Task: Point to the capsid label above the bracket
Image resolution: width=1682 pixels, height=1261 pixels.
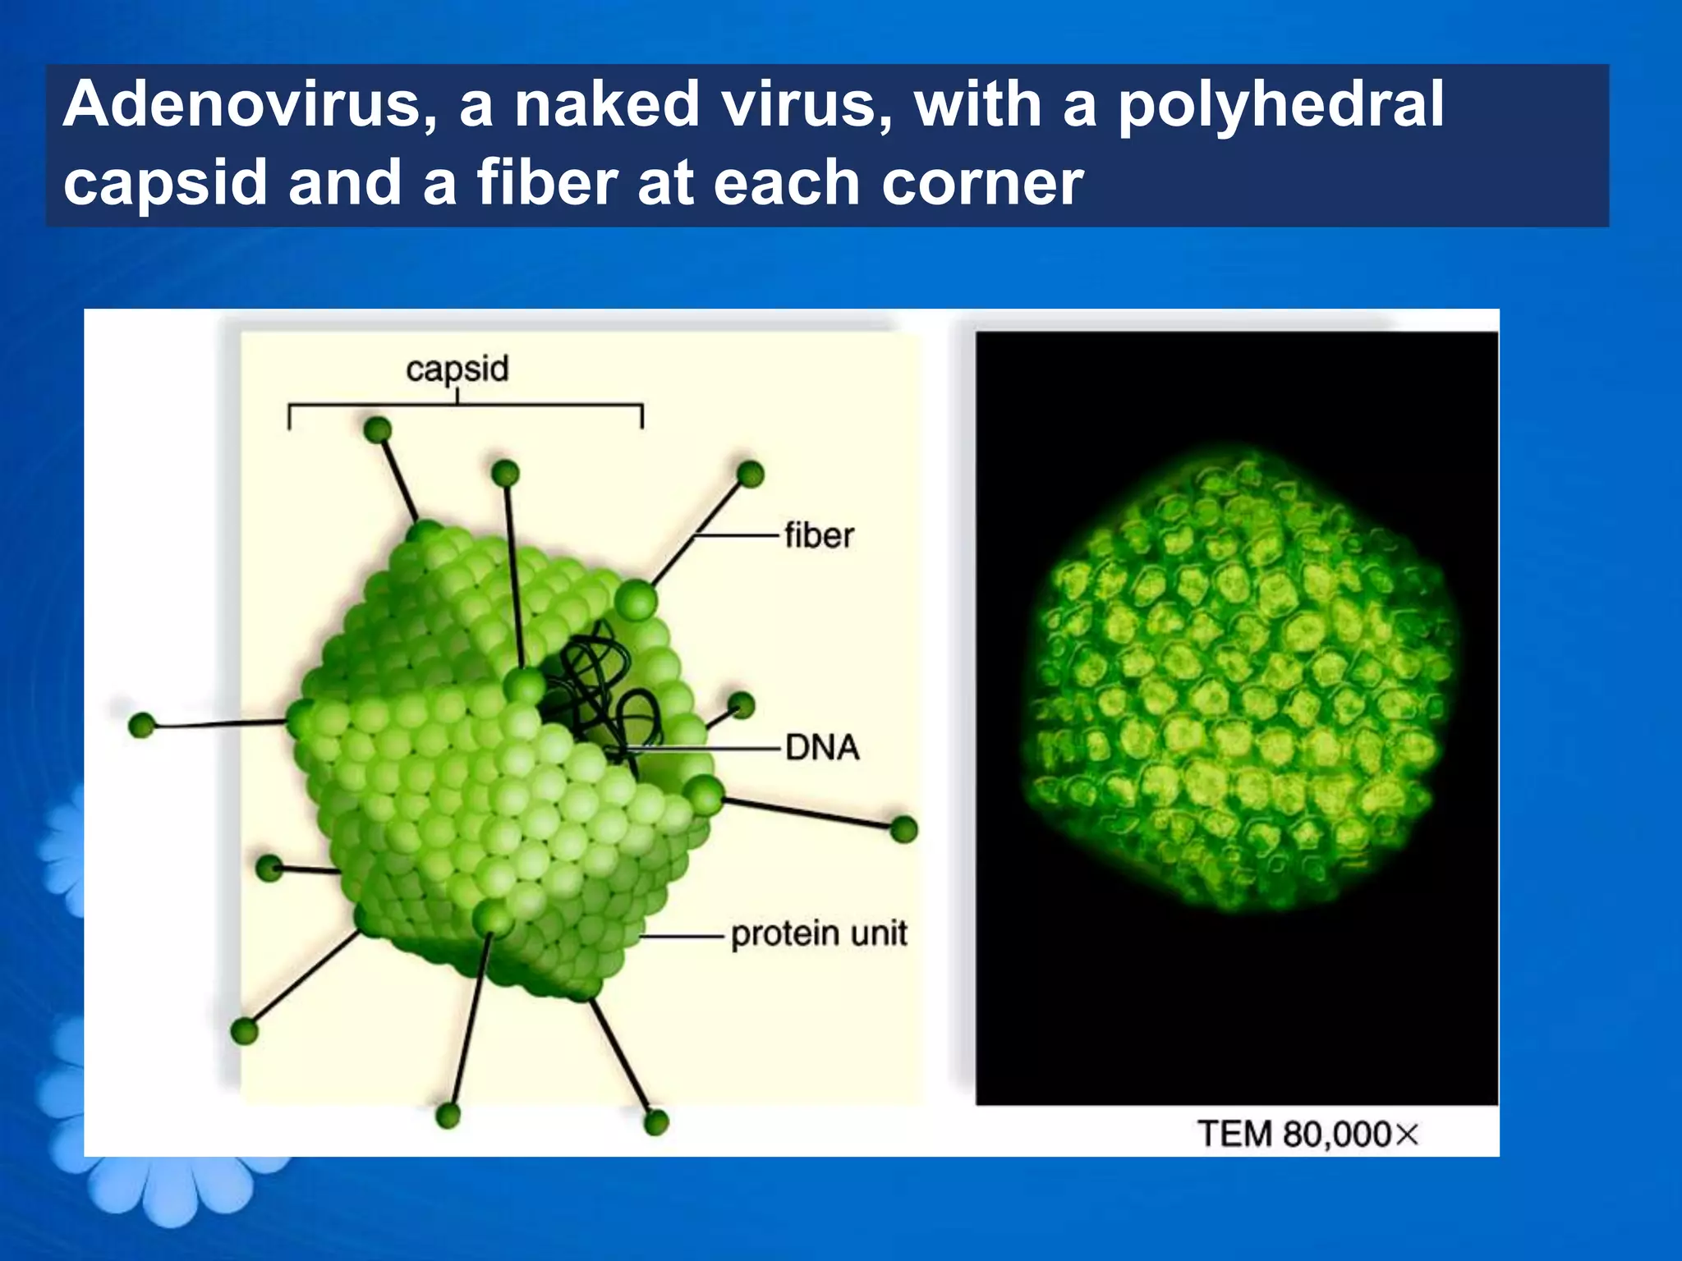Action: coord(457,369)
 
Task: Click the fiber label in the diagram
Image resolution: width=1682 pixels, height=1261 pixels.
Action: coord(819,536)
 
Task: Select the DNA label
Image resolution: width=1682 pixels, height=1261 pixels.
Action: coord(822,748)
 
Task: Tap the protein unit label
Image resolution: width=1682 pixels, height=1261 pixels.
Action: coord(819,934)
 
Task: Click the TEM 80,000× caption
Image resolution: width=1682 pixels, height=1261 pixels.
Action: coord(1307,1135)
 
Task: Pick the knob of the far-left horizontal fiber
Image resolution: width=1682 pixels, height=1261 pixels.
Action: coord(143,726)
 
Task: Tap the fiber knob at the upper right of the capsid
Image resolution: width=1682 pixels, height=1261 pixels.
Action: coord(750,474)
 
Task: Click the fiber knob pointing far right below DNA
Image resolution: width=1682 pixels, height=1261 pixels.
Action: coord(903,829)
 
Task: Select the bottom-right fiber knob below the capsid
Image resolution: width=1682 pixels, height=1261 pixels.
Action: coord(656,1121)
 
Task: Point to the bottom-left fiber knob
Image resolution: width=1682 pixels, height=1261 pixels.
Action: coord(245,1030)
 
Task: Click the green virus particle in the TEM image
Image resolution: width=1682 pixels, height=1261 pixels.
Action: coord(1236,681)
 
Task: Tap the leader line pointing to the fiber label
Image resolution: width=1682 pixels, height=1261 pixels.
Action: coord(735,536)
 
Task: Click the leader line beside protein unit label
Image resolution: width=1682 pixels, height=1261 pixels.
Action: coord(681,936)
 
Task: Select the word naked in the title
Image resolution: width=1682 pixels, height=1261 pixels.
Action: coord(606,105)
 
